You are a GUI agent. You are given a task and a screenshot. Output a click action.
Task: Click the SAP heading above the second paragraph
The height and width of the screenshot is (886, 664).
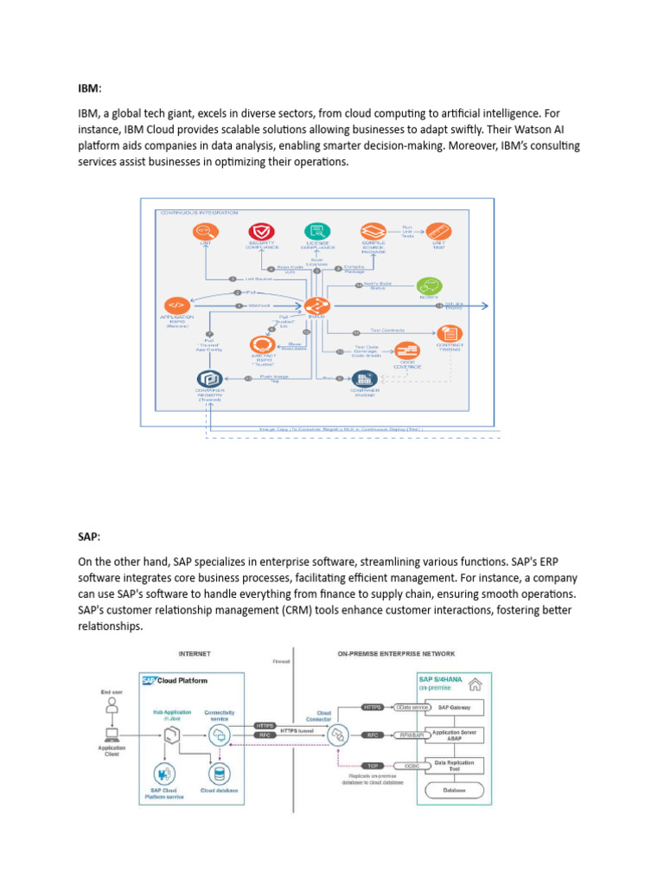[89, 537]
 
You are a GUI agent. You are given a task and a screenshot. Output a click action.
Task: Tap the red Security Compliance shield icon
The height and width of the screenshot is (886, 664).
[260, 232]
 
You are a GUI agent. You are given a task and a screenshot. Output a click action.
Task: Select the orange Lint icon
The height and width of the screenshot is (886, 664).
[205, 232]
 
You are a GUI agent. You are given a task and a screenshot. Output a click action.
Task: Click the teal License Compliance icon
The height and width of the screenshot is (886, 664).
[316, 231]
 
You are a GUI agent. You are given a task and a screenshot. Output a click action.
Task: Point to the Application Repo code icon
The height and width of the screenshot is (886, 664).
[176, 305]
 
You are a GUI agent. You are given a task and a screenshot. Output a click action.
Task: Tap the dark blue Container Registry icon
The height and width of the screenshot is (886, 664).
[208, 378]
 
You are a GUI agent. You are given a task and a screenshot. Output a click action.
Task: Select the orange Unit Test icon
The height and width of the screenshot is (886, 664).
[440, 231]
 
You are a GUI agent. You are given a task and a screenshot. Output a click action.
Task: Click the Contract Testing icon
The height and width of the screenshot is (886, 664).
[450, 332]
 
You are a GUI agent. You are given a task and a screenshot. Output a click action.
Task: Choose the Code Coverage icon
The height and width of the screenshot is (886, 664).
[406, 351]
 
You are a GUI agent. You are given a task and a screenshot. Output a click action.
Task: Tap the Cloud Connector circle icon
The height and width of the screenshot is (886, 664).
[339, 735]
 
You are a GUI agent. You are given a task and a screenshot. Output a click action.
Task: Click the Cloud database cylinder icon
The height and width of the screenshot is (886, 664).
[218, 772]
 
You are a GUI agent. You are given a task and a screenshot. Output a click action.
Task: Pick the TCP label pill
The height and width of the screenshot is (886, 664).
[373, 766]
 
